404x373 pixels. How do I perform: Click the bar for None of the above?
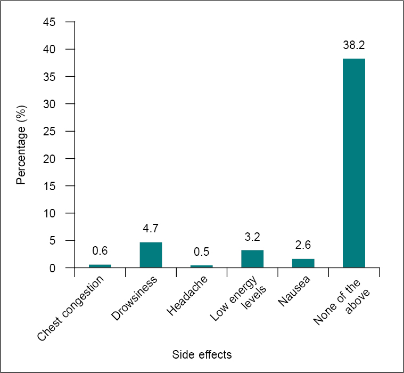(x=354, y=163)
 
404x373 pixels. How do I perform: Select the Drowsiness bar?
(x=151, y=255)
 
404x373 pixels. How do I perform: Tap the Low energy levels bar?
(x=252, y=259)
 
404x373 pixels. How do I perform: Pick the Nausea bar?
(x=303, y=263)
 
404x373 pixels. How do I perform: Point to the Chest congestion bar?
(x=100, y=266)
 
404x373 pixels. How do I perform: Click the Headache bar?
(x=202, y=266)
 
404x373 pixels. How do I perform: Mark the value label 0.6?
(x=100, y=251)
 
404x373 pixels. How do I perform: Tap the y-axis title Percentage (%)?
(x=21, y=145)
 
